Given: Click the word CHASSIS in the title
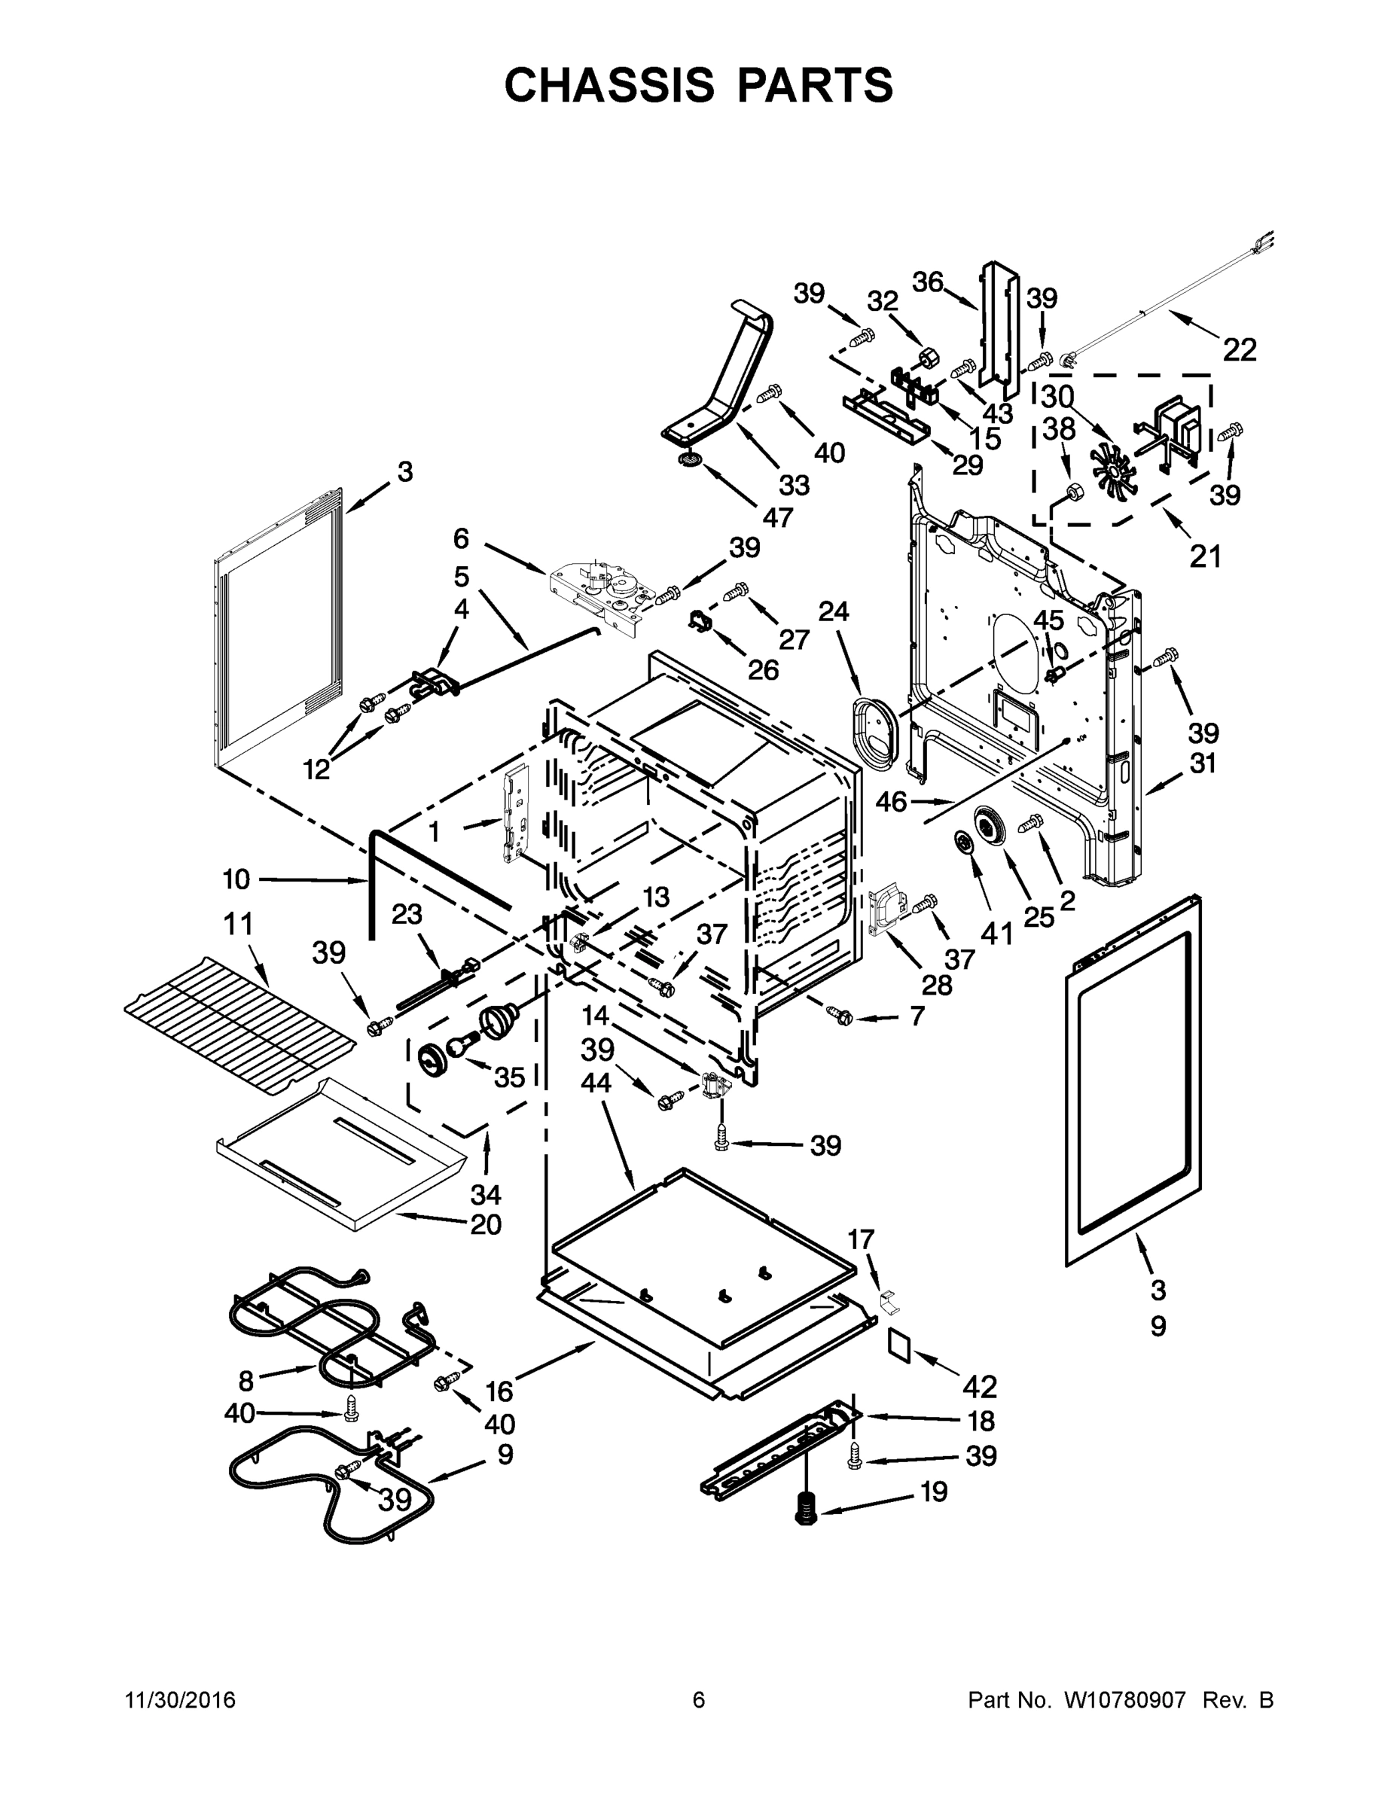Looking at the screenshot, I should coord(609,85).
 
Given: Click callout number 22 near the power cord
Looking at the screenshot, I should coord(1239,350).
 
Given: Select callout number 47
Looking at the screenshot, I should coord(778,517).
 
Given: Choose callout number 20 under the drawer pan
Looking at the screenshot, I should coord(486,1223).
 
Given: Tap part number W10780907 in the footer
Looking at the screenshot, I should coord(1127,1699).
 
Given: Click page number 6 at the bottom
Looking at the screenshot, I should coord(699,1699).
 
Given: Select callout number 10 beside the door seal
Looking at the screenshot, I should coord(236,879).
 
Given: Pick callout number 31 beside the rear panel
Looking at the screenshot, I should coord(1203,763).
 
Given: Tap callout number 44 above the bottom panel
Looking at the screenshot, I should coord(596,1081).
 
